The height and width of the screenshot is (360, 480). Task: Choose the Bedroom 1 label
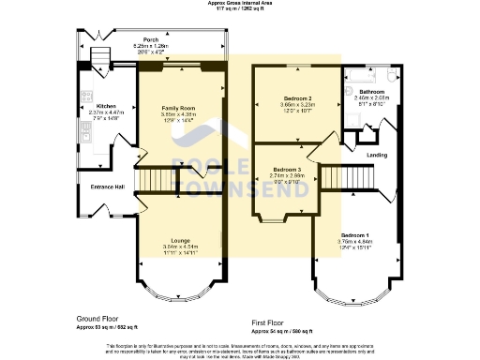[354, 233]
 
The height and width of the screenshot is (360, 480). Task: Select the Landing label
[378, 156]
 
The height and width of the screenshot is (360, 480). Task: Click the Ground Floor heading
[94, 320]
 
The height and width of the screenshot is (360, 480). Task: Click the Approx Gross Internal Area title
[239, 4]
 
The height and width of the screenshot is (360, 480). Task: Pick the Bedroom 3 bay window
[273, 221]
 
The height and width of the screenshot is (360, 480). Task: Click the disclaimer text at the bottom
[240, 348]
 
